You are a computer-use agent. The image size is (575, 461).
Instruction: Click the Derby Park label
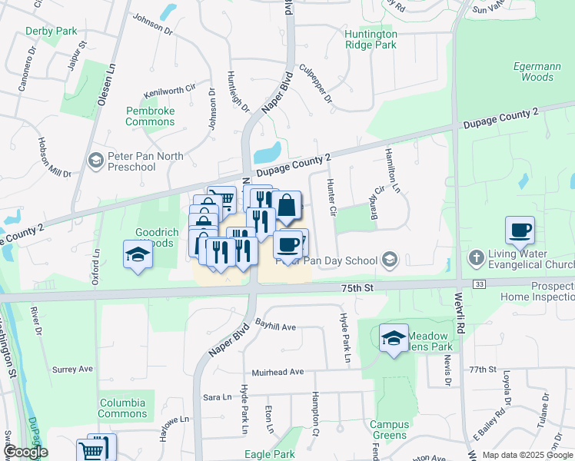click(52, 32)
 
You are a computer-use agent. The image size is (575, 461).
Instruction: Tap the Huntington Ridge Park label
click(371, 40)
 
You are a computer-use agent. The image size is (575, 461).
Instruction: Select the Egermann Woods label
click(533, 72)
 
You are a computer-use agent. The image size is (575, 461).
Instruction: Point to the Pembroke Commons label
click(150, 117)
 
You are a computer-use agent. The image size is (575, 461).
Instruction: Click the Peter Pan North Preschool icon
click(96, 161)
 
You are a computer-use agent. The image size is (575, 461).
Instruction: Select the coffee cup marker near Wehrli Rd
click(520, 229)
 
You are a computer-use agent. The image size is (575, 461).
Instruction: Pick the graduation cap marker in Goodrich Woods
click(138, 254)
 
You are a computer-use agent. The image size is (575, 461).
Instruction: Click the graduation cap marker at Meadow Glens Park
click(393, 337)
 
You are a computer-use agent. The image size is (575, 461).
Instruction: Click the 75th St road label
click(357, 287)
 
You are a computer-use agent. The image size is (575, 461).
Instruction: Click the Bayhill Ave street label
click(275, 327)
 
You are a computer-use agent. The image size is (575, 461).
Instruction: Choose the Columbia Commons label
click(122, 408)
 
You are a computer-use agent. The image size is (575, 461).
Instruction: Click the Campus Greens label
click(389, 429)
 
